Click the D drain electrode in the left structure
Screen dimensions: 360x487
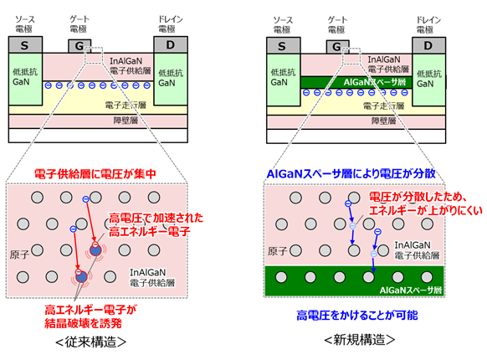coord(170,44)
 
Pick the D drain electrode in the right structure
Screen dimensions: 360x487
coord(428,44)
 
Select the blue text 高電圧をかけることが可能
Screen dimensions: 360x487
coord(351,316)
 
